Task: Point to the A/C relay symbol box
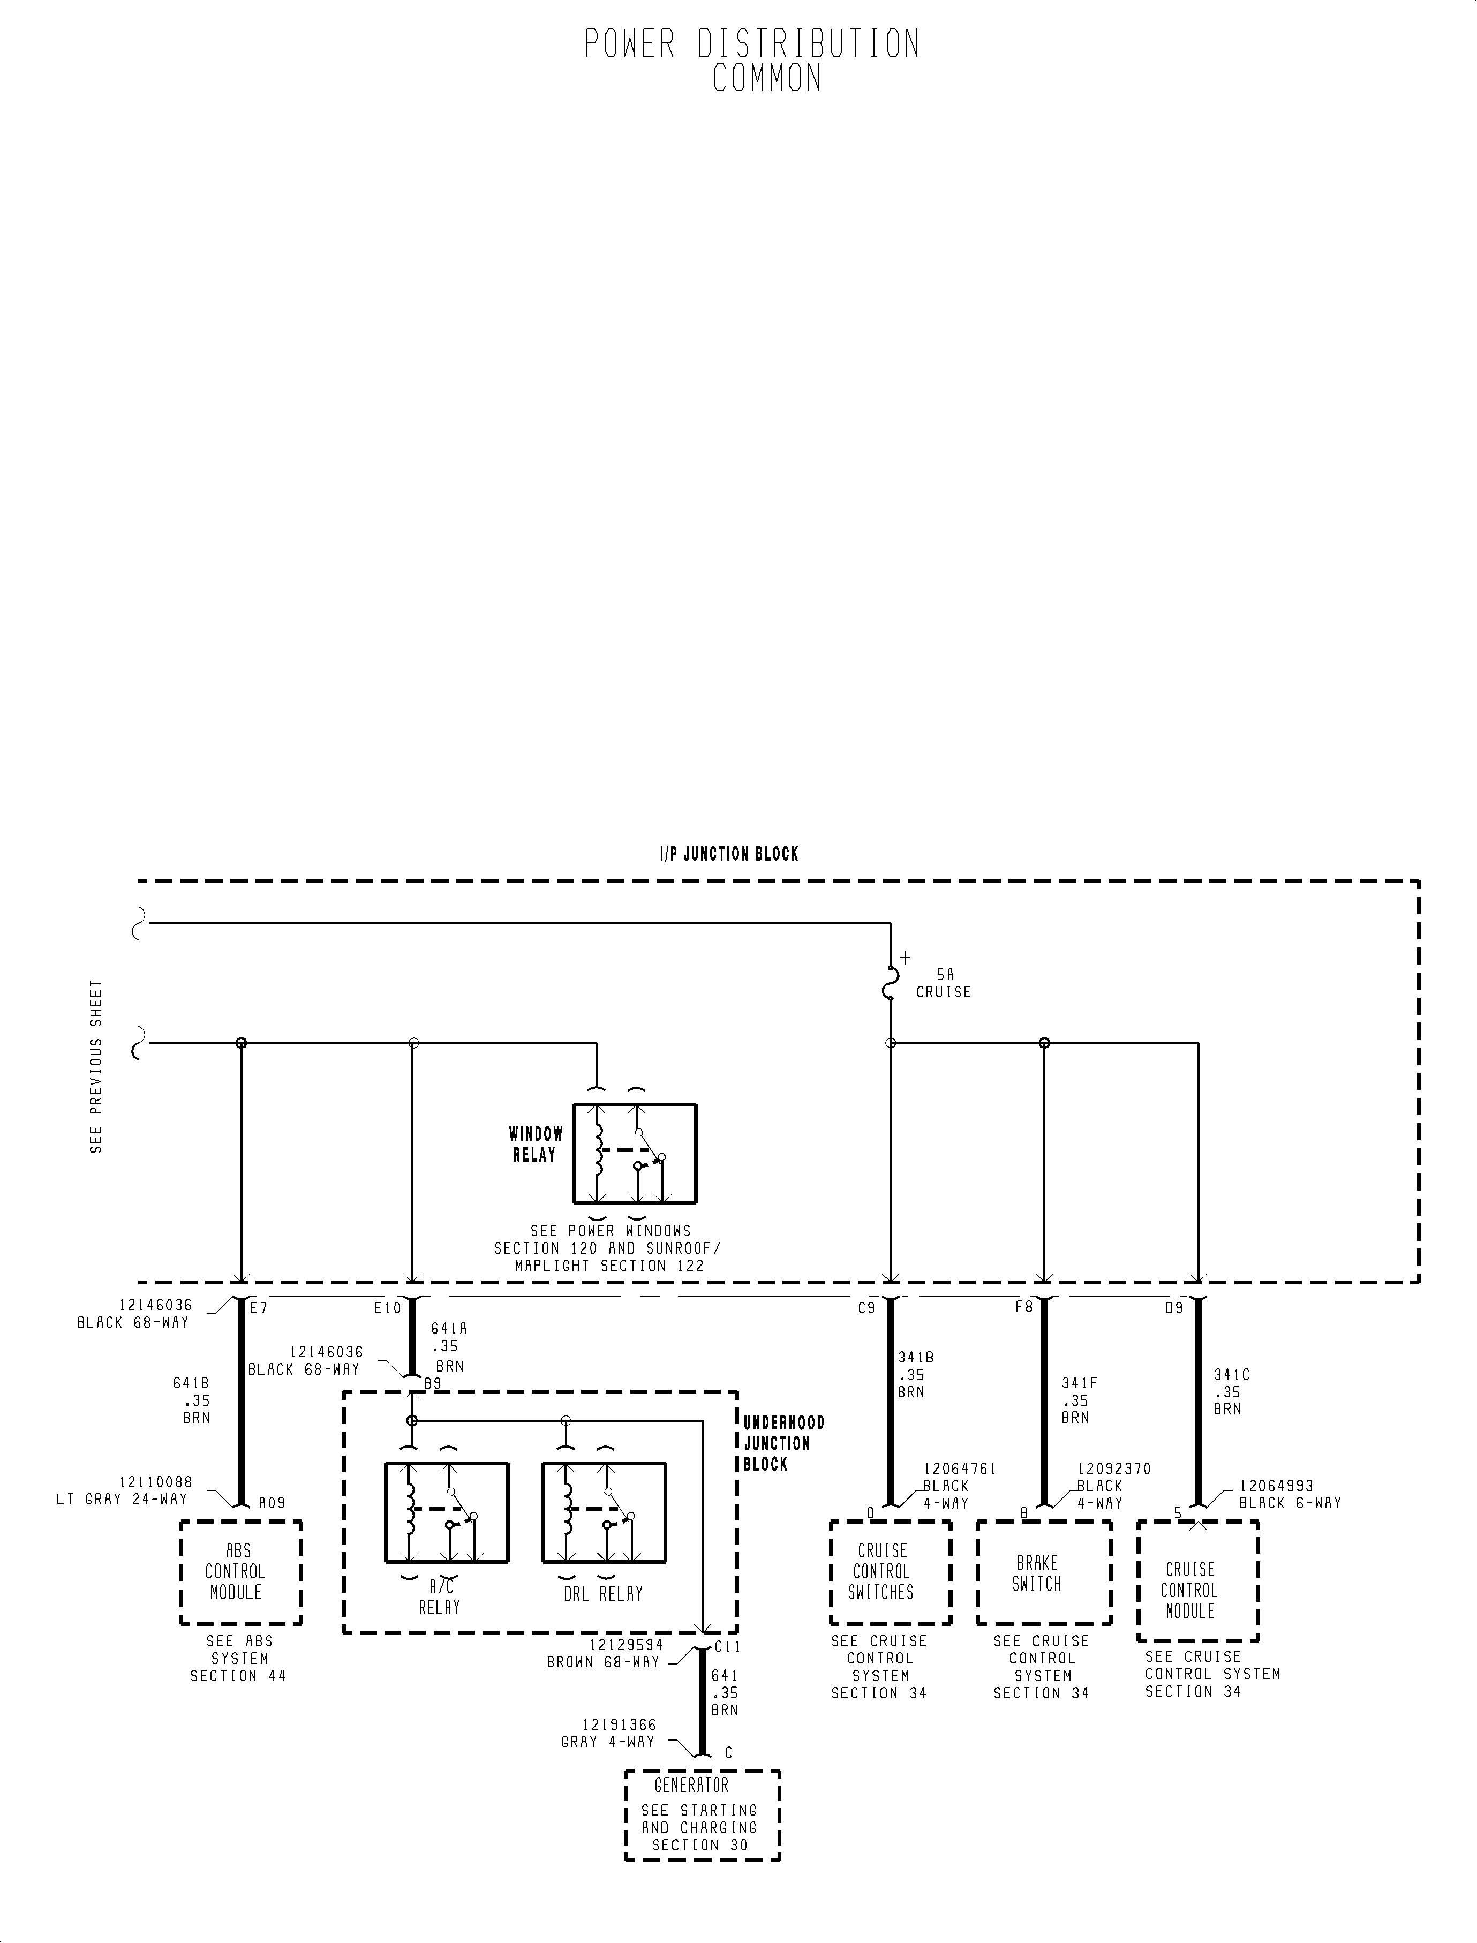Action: (x=447, y=1512)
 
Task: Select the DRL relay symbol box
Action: (x=604, y=1512)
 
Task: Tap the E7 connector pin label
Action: (x=259, y=1308)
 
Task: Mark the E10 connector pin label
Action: (x=387, y=1308)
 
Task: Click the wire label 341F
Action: (x=1079, y=1383)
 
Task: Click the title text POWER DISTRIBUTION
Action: (x=752, y=44)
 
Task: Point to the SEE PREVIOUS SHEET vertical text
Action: (x=96, y=1066)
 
